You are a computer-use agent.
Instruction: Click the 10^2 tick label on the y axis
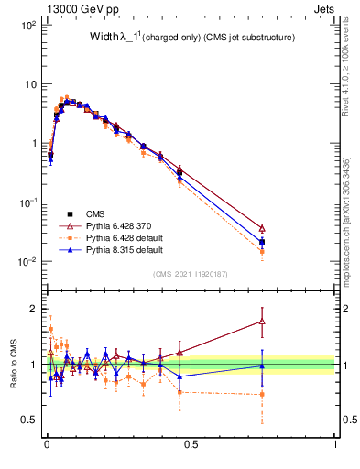[27, 25]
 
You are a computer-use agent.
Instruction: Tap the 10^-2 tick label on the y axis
[27, 261]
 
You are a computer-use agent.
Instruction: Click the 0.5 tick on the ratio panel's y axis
[28, 420]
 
